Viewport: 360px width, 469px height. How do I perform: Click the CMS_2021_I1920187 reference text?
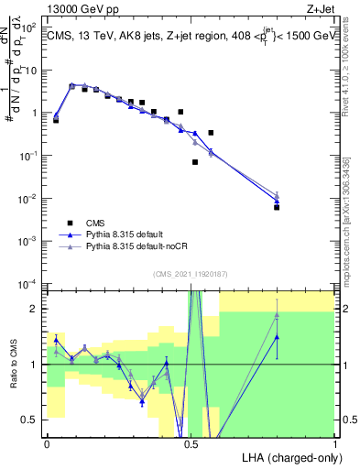[x=191, y=272]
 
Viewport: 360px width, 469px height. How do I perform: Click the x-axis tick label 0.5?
[x=191, y=443]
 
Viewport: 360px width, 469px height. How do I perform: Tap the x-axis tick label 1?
[x=335, y=443]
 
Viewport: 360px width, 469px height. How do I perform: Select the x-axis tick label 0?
[x=47, y=443]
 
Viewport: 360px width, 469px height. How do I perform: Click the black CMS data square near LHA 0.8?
[x=277, y=207]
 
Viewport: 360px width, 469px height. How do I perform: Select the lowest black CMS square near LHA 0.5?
[x=195, y=162]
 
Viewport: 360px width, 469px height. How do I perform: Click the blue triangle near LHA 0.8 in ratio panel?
[x=277, y=337]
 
